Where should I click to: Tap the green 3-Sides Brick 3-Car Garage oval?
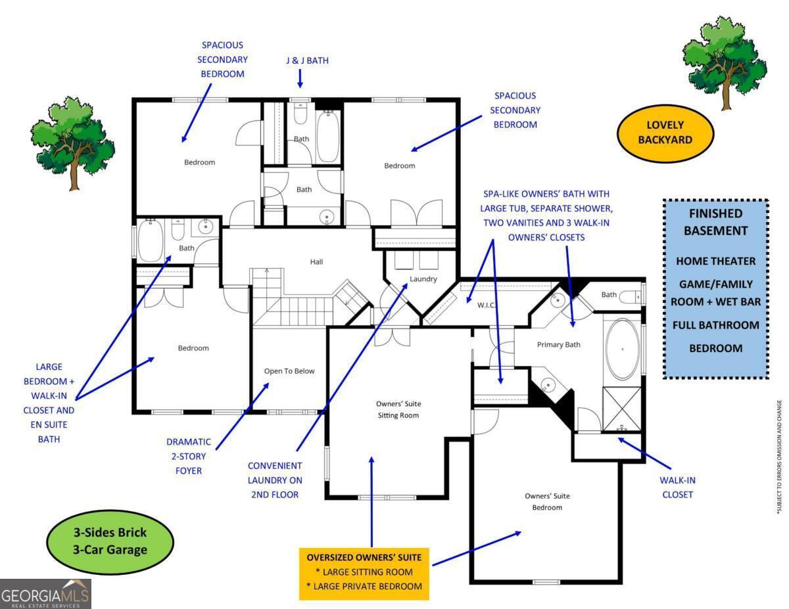(x=110, y=541)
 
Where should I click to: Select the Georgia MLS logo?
(x=45, y=593)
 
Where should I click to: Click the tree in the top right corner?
(x=724, y=63)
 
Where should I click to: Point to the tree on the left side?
(x=72, y=142)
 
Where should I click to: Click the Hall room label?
(x=316, y=261)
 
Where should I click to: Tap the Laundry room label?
(x=423, y=279)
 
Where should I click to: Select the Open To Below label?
(x=289, y=371)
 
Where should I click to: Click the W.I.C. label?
(x=487, y=304)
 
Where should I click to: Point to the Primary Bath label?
(x=558, y=344)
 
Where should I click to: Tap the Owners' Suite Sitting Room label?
(x=398, y=409)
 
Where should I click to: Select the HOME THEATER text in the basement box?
(x=715, y=261)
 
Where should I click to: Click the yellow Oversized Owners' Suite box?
(x=364, y=572)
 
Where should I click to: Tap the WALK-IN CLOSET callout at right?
(x=677, y=487)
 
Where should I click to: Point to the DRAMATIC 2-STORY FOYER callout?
(x=188, y=456)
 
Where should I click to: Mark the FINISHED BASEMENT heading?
(x=715, y=221)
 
